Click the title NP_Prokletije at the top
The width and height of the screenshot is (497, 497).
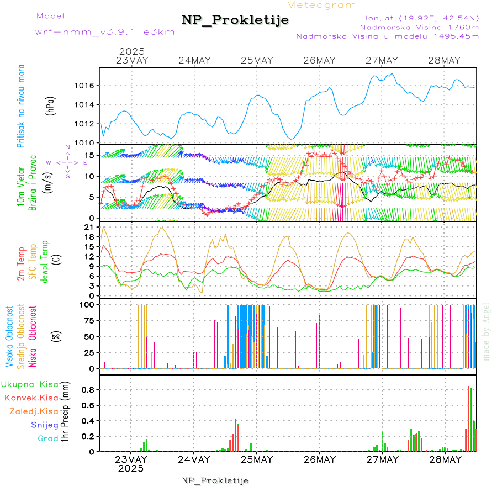235,20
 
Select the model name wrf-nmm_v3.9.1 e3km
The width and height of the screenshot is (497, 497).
105,32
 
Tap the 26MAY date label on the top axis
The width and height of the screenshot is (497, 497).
319,60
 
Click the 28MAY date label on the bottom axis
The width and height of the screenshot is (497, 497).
445,459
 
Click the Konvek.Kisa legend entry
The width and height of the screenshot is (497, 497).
31,398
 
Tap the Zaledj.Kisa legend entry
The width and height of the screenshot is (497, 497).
34,411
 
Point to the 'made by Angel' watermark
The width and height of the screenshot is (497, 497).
487,331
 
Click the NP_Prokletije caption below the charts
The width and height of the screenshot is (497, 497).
215,481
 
